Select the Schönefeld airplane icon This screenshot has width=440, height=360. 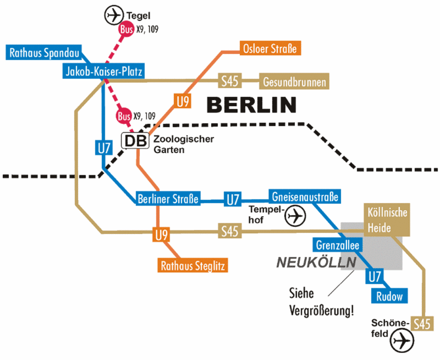point(403,340)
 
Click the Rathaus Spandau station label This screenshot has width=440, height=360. point(45,52)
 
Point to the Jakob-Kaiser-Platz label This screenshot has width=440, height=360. point(103,72)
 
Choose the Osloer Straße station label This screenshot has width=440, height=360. point(270,48)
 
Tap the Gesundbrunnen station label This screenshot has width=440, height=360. point(294,82)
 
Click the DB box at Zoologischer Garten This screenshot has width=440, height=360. point(135,140)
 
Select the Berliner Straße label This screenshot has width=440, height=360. point(168,199)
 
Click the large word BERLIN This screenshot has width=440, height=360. point(252,105)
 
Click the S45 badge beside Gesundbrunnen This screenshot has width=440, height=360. point(230,81)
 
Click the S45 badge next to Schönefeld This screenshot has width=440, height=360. point(422,323)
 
